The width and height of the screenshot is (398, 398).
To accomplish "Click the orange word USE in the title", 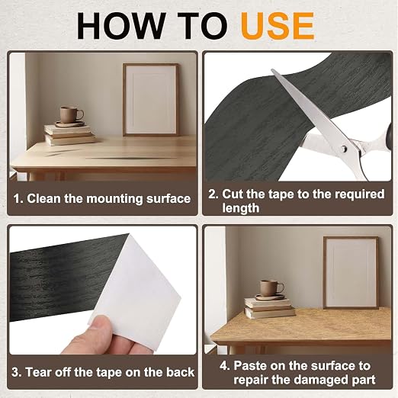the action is coord(278,25).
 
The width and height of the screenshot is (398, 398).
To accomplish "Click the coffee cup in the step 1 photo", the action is coord(71,115).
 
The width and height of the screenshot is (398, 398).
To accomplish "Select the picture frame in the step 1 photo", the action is coord(151,100).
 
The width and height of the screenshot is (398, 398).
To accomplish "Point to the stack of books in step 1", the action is coord(69,135).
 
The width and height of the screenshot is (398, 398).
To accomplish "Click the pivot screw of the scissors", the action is coord(344,149).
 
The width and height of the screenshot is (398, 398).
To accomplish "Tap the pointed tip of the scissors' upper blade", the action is coord(272,69).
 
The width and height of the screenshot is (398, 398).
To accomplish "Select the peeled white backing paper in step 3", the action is coord(134,292).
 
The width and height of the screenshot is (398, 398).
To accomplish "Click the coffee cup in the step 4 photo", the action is coord(271,288).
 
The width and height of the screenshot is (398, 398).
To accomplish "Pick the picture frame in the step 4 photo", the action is coord(351,272).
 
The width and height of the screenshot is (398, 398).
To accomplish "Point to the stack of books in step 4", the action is coord(269,308).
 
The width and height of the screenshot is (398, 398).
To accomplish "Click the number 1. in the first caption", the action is coord(18,198).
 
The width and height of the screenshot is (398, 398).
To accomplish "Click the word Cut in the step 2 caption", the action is coord(233,194).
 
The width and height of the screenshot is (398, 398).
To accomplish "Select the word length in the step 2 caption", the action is coord(241,208).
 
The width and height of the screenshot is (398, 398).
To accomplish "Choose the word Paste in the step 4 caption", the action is coord(250,366).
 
